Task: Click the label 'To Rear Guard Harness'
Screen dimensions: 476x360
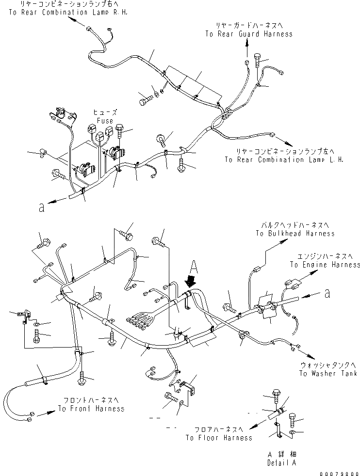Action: point(248,34)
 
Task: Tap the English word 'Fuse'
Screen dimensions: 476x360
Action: point(104,121)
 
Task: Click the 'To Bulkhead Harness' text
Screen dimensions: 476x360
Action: point(295,233)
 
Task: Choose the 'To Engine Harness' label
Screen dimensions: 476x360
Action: point(325,265)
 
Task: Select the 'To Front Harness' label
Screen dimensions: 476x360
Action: point(91,408)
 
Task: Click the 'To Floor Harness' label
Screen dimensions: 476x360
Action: point(218,438)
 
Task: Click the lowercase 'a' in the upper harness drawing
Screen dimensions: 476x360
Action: point(42,208)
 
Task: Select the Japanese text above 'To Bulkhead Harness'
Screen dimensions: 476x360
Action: point(295,225)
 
